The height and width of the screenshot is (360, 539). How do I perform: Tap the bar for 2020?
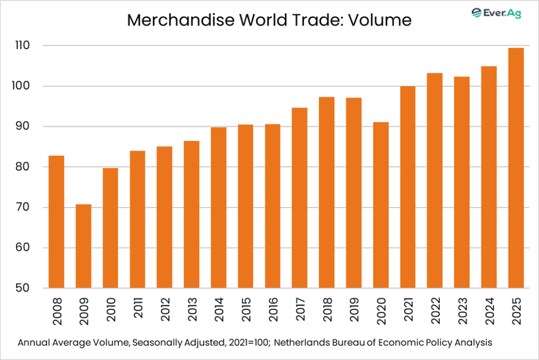381,205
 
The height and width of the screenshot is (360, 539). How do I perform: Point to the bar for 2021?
408,187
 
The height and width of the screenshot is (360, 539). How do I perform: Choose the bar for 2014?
218,208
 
